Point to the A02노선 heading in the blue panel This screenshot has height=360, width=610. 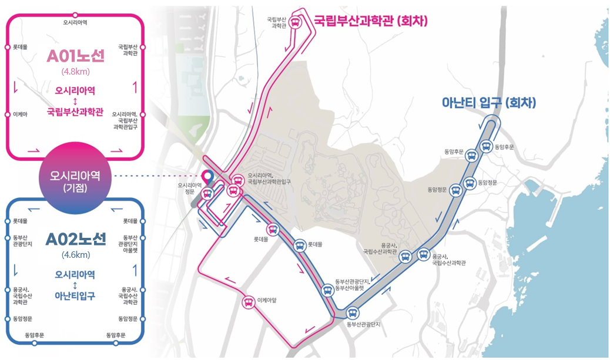75,239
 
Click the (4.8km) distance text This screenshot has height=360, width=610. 75,72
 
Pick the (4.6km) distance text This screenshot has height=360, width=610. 75,254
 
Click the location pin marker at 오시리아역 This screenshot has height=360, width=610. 207,176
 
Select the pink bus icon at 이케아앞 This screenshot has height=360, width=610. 249,302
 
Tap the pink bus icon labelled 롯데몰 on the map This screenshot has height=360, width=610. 272,230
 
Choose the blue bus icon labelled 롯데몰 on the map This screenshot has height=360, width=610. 300,243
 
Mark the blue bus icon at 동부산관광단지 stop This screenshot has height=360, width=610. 353,313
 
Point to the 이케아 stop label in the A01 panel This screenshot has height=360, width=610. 20,114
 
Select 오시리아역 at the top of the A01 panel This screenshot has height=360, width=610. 75,22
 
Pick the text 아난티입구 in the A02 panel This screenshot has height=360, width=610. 75,295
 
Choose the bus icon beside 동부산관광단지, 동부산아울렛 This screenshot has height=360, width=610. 327,290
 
